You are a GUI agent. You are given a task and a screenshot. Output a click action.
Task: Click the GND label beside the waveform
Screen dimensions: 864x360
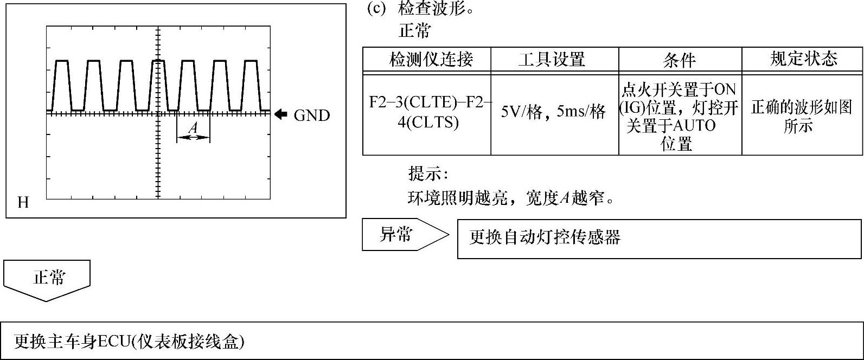tap(311, 115)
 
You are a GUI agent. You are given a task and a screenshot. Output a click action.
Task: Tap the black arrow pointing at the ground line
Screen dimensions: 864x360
tap(280, 114)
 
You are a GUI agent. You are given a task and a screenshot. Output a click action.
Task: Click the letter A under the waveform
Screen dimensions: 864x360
tap(193, 128)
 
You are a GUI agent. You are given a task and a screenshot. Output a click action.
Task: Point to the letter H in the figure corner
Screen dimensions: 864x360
tap(23, 203)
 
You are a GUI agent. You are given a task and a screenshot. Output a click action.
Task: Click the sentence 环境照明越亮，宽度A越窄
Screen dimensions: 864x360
tap(511, 198)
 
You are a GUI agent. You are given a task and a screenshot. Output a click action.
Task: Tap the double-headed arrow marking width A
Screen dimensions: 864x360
tap(193, 137)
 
